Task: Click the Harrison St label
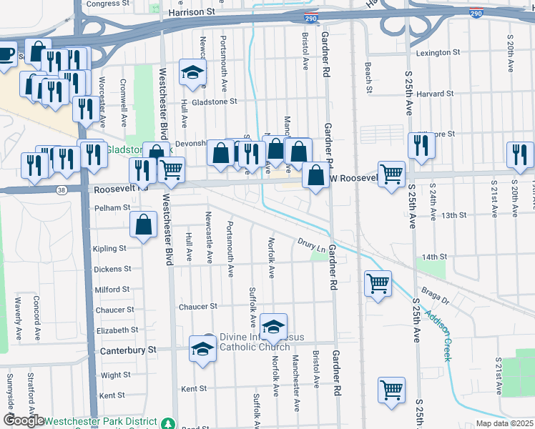191,12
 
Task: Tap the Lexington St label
438,53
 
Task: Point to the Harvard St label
436,94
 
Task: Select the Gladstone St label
214,102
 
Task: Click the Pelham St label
112,207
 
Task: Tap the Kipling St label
109,249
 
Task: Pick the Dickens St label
112,270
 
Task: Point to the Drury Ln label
311,245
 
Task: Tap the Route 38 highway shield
62,189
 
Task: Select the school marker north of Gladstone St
192,71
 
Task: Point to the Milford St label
112,290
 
